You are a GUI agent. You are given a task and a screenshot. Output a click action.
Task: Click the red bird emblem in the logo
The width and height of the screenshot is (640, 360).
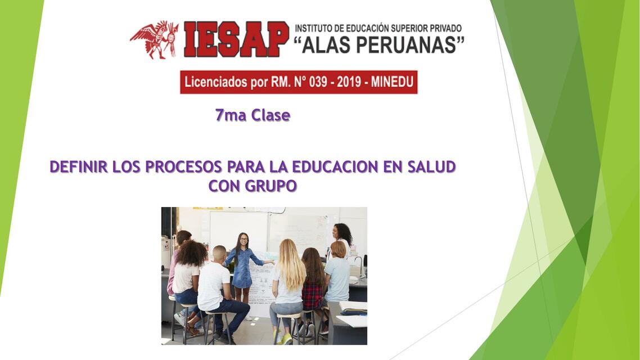pyautogui.click(x=155, y=39)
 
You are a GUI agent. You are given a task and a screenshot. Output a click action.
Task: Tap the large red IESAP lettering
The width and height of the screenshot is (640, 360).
pyautogui.click(x=236, y=39)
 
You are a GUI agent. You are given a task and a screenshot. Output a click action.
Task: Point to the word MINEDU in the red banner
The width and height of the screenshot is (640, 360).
pyautogui.click(x=392, y=82)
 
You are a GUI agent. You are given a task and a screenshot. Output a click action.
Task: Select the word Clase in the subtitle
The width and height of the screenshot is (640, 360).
pyautogui.click(x=271, y=115)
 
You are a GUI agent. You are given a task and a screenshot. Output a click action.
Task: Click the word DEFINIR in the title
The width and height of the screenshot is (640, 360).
pyautogui.click(x=79, y=167)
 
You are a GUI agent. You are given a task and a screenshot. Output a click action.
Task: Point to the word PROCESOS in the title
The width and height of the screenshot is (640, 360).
pyautogui.click(x=184, y=167)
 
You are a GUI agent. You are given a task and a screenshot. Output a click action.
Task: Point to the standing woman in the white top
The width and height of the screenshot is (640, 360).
pyautogui.click(x=342, y=241)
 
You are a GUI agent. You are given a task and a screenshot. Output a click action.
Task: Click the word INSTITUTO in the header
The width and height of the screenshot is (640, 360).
pyautogui.click(x=313, y=28)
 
